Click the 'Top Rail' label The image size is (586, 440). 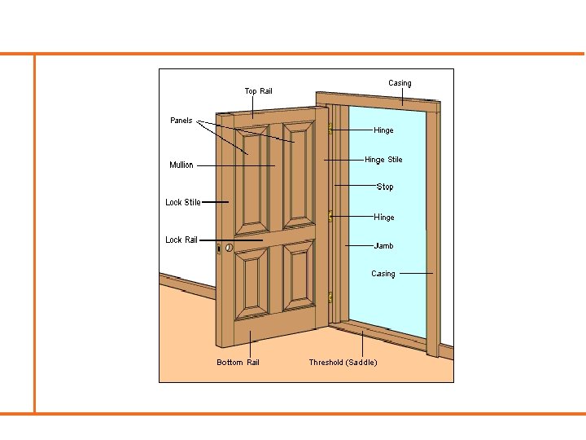[258, 90]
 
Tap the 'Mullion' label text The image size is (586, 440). [181, 165]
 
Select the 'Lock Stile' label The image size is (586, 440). [182, 202]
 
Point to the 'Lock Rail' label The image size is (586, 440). [181, 240]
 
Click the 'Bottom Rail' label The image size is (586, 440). [238, 362]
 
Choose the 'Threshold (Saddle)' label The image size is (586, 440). [343, 362]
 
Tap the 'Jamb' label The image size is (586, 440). [383, 245]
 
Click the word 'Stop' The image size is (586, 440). [385, 187]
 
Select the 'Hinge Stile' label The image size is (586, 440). [383, 160]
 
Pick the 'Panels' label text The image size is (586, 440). [181, 121]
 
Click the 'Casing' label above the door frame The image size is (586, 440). [400, 83]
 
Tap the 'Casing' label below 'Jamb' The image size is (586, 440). [383, 274]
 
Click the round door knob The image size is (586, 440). [230, 247]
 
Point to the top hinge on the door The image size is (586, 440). [330, 129]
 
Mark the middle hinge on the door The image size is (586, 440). [330, 216]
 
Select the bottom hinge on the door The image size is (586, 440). [330, 298]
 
